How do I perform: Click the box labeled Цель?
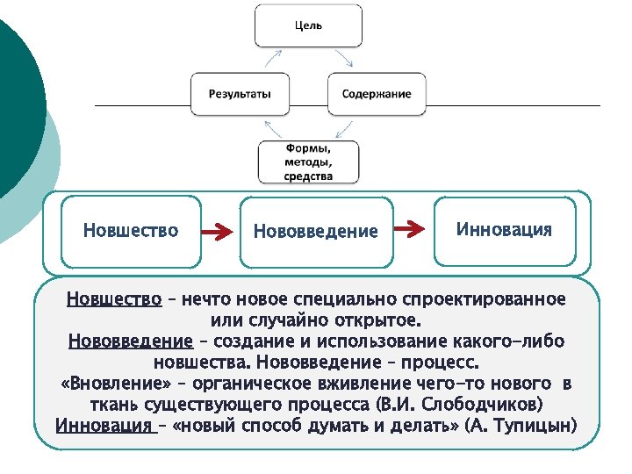coord(307,25)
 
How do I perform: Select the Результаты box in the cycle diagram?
coord(240,93)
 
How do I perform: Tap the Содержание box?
coord(377,93)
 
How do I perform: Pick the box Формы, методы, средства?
coord(308,162)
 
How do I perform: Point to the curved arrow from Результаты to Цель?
coord(271,58)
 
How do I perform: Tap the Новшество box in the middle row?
coord(131,231)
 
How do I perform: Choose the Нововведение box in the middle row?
coord(315,232)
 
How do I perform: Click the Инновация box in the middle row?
coord(504,230)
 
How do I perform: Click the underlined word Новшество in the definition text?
coord(114,299)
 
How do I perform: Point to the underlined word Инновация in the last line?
coord(104,426)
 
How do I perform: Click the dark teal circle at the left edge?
coord(13,105)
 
